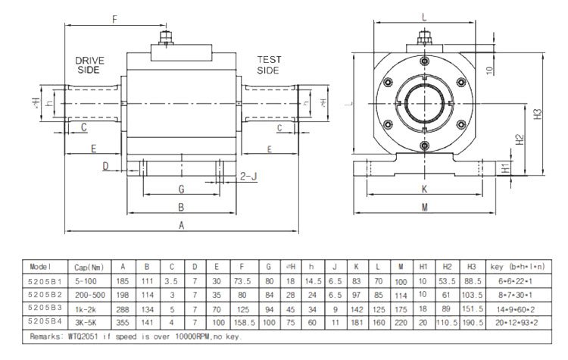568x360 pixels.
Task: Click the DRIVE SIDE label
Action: (x=89, y=64)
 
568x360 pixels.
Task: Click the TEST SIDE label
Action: (x=269, y=64)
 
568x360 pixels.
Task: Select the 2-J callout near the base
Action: (x=248, y=176)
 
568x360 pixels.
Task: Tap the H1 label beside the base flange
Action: (x=505, y=168)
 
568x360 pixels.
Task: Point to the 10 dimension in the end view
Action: (x=490, y=70)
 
